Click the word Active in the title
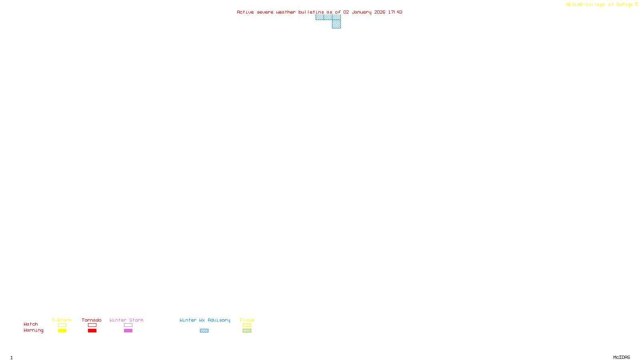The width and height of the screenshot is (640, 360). [x=245, y=12]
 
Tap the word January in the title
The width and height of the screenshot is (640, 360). [x=362, y=12]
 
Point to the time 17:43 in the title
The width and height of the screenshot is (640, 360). [x=395, y=12]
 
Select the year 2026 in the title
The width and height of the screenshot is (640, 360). [x=380, y=12]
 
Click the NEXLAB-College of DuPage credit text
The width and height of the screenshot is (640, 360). [x=599, y=4]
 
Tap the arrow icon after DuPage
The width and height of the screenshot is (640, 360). [x=636, y=4]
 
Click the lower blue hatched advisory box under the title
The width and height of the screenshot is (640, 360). [x=336, y=24]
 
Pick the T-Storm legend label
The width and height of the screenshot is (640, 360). [x=62, y=320]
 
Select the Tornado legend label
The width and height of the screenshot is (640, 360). [x=92, y=320]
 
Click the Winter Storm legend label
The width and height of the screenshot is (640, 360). [x=126, y=320]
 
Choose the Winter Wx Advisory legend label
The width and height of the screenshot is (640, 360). [x=205, y=320]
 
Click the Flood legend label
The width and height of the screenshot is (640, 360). [x=247, y=320]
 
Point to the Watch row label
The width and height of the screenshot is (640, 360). [x=31, y=324]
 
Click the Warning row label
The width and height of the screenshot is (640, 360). [x=34, y=330]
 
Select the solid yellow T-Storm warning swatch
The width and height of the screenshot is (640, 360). [x=62, y=331]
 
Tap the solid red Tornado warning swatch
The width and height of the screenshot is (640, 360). [x=92, y=331]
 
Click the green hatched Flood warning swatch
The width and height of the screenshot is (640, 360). [x=247, y=331]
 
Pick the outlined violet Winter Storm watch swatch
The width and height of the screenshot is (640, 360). [x=128, y=325]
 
